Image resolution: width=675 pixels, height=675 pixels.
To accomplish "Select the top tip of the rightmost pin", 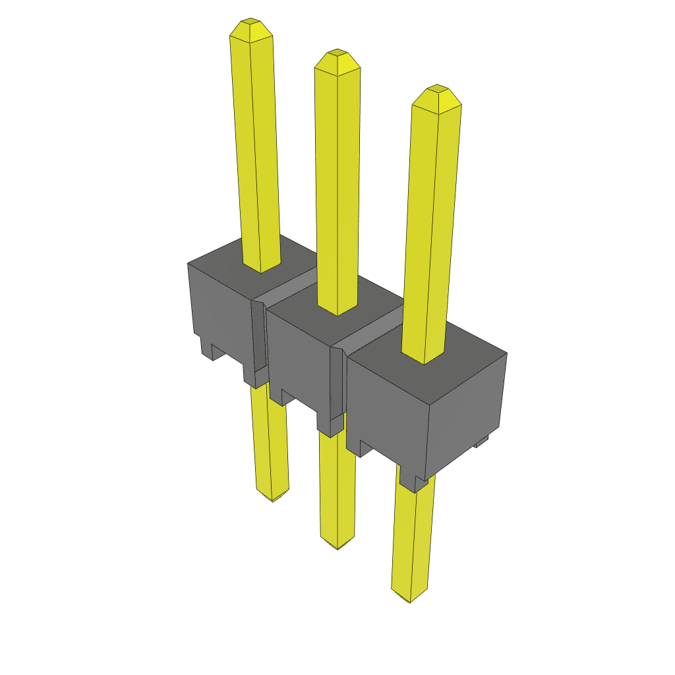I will tap(436, 90).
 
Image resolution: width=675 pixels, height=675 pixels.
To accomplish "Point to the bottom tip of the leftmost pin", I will tap(272, 497).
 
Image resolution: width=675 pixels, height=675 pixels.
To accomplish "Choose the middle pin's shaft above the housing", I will tap(338, 185).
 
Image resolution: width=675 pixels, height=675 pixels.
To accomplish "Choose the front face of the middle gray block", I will tap(297, 356).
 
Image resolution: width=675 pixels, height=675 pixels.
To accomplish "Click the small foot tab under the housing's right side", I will tap(482, 442).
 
